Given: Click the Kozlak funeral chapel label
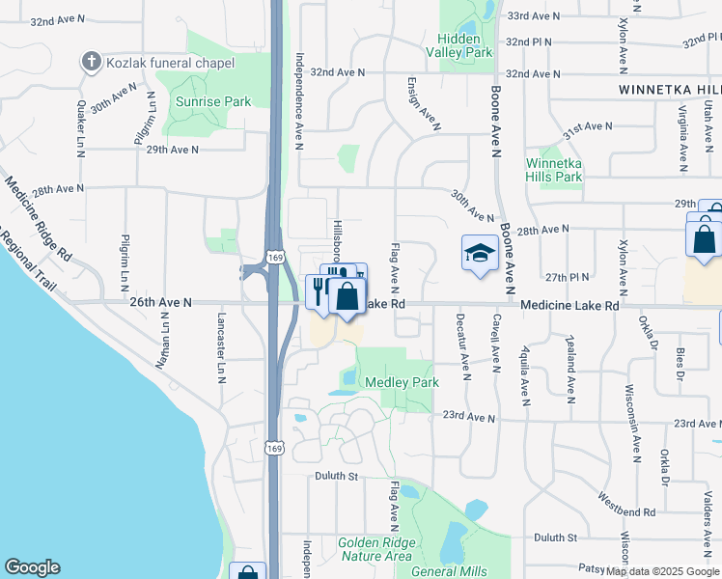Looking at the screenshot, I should pos(170,63).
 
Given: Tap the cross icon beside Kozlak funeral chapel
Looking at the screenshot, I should pos(92,63).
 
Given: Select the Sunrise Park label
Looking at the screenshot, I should pos(213,101).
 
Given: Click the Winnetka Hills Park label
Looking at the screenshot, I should pos(554,170).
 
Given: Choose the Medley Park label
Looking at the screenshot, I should pos(402,382).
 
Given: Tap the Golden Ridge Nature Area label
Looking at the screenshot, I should pos(376,549).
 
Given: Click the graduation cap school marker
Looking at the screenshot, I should pos(480,253).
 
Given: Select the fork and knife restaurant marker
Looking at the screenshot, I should pos(319,289).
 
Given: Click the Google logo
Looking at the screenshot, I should pos(32,567).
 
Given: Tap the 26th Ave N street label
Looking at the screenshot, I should pos(161,302).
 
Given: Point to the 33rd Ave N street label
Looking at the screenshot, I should pos(534,16).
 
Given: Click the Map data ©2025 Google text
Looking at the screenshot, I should pos(663,570).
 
